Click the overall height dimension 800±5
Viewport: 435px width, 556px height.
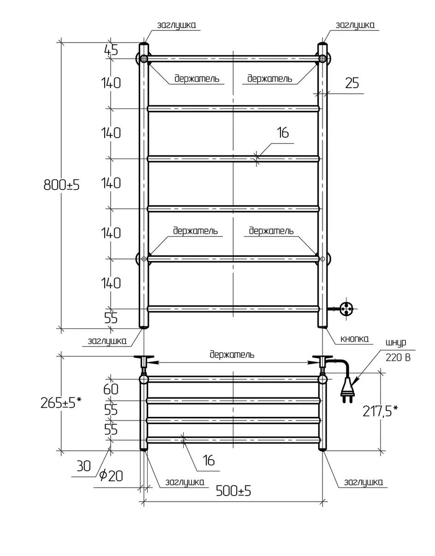(62, 185)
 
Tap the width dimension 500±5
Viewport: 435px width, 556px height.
(233, 491)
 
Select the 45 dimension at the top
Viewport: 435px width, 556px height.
(111, 50)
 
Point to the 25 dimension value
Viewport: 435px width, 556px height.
(352, 83)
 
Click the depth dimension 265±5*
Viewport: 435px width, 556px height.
(61, 403)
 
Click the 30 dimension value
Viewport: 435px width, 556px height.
(84, 466)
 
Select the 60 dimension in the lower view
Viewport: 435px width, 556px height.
(111, 389)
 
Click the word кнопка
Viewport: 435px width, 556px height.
(354, 339)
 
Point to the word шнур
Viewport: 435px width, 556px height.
(396, 343)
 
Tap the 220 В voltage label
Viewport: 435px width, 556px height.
(398, 357)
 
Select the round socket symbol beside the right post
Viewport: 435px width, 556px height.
(346, 309)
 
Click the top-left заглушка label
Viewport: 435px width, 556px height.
(176, 25)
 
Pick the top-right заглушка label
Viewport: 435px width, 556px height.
(355, 25)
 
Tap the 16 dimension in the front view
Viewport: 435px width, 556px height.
(283, 133)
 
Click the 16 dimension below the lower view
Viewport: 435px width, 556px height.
(209, 460)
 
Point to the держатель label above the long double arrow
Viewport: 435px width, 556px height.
(232, 355)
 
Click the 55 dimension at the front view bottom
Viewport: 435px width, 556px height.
(111, 318)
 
